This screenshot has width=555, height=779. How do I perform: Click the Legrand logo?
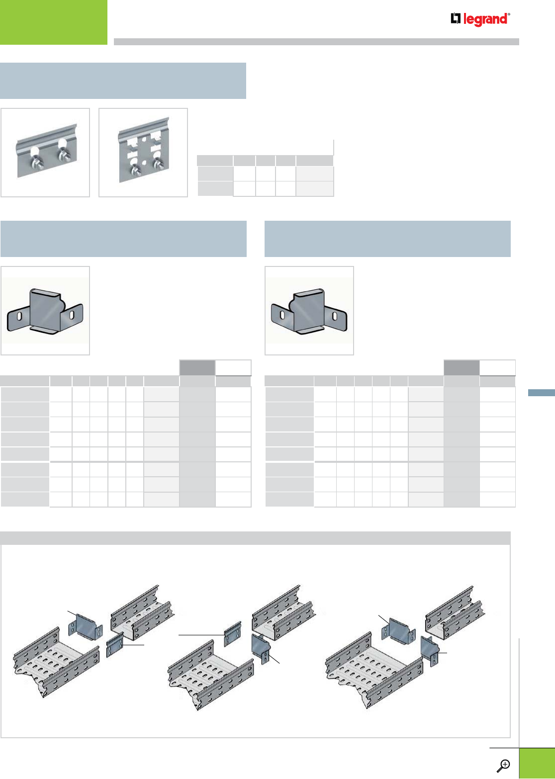480,19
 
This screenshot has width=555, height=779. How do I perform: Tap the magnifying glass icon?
504,765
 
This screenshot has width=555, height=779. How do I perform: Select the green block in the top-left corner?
53,22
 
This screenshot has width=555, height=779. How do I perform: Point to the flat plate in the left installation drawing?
115,646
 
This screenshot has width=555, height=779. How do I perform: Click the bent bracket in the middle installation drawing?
262,647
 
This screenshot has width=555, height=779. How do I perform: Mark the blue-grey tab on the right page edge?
541,393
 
